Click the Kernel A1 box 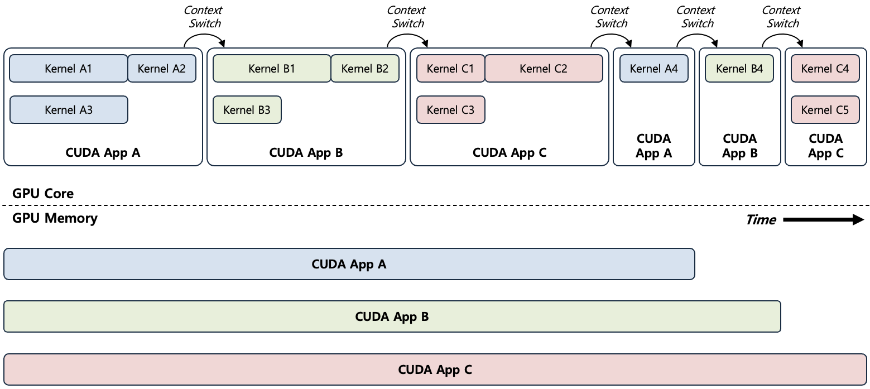pos(69,69)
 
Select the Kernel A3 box pos(69,110)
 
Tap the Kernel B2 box pos(365,69)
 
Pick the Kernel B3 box pos(247,110)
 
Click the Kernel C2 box pos(544,69)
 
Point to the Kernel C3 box pos(450,110)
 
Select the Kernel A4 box pos(653,69)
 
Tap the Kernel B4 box pos(739,69)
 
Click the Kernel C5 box pos(825,110)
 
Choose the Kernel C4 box pos(825,69)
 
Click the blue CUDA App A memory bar pos(349,264)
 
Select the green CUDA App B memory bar pos(392,317)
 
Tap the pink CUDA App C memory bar pos(435,369)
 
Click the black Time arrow pos(823,220)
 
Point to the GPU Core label pos(43,194)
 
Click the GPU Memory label pos(55,218)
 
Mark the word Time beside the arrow pos(761,220)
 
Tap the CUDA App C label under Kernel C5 pos(825,146)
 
